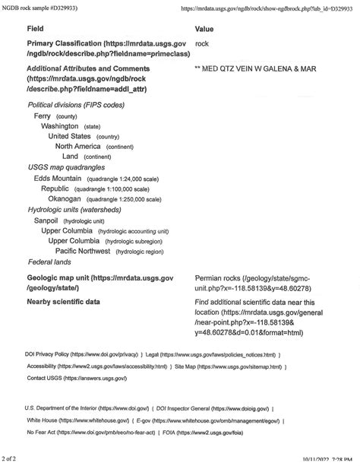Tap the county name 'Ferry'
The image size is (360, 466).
point(43,116)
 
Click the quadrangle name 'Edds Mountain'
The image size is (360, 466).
point(58,178)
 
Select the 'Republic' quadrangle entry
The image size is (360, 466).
point(55,189)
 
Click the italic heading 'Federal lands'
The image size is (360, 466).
point(49,262)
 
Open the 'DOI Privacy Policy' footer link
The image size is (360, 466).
point(47,354)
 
